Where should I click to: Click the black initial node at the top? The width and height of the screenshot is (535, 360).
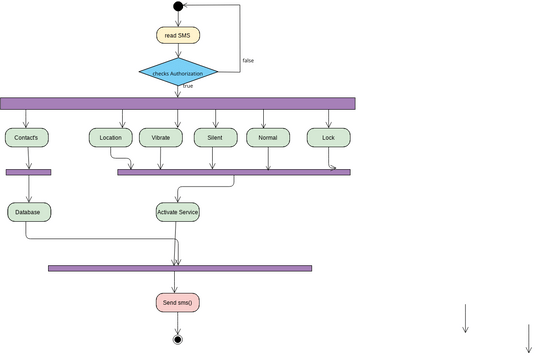(178, 7)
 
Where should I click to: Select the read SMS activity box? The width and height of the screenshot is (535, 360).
(178, 36)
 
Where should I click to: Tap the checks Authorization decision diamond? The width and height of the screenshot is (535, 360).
(178, 72)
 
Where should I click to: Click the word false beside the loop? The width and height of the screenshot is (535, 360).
(248, 61)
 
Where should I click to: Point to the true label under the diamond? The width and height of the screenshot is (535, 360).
(187, 87)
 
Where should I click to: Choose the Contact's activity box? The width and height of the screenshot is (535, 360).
(27, 137)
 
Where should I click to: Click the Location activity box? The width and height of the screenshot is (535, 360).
(110, 137)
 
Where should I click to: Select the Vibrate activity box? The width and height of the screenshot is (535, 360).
(160, 137)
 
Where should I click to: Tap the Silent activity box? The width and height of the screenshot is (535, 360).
(214, 137)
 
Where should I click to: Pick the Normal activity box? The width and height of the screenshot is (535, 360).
(267, 137)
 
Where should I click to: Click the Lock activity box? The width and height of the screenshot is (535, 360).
(328, 137)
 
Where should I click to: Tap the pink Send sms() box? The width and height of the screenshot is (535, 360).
(178, 301)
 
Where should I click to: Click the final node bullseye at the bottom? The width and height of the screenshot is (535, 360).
(178, 339)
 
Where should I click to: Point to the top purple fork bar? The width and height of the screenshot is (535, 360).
(178, 103)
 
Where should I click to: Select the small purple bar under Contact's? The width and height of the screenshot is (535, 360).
(28, 172)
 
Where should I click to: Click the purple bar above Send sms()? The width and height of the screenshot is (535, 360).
(180, 268)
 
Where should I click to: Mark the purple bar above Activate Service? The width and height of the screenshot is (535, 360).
(234, 172)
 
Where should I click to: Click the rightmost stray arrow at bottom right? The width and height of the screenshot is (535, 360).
(527, 337)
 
